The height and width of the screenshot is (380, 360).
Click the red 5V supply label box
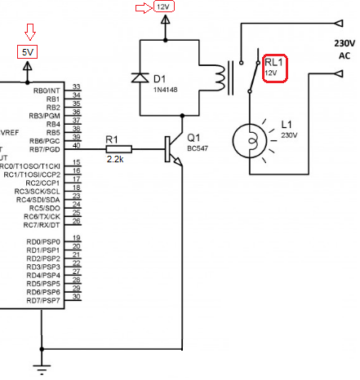(x=27, y=51)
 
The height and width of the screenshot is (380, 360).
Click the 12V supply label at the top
(x=164, y=7)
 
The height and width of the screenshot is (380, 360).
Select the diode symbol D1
(x=140, y=77)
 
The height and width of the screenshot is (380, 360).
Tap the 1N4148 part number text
(x=166, y=90)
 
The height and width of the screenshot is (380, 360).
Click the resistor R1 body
(x=119, y=149)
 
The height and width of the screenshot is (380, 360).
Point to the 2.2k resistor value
(x=115, y=159)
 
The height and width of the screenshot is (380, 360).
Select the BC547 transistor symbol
(x=174, y=149)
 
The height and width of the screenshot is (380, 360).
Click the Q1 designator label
(x=193, y=138)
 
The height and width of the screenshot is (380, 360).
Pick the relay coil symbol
(x=220, y=77)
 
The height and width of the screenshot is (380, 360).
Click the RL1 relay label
(x=273, y=62)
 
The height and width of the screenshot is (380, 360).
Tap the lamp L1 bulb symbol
(x=250, y=140)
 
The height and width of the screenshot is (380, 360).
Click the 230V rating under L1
(x=289, y=135)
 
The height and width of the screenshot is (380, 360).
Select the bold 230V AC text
(x=344, y=49)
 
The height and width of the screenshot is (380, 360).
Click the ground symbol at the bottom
(x=42, y=369)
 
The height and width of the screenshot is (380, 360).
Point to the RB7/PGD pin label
(x=45, y=149)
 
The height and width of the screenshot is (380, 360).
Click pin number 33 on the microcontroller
(x=77, y=86)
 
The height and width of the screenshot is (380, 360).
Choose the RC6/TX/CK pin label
(x=42, y=217)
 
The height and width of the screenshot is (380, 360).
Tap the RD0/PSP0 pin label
(x=43, y=242)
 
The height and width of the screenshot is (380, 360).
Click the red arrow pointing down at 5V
(x=30, y=32)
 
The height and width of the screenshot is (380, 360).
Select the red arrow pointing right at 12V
(x=144, y=8)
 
